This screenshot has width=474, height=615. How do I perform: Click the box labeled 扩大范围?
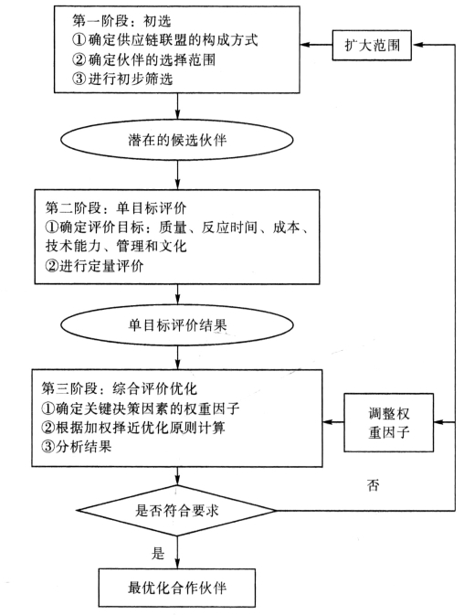(x=372, y=45)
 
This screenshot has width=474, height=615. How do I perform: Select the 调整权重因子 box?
(x=388, y=422)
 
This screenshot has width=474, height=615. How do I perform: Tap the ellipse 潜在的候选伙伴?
(x=177, y=140)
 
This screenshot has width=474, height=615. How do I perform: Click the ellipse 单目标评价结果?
(x=177, y=325)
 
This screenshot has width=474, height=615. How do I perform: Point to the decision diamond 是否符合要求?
(x=177, y=511)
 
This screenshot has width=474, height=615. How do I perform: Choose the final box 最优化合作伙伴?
(x=177, y=588)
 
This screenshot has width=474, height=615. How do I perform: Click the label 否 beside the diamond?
(x=373, y=485)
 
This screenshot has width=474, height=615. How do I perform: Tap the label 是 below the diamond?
(x=158, y=553)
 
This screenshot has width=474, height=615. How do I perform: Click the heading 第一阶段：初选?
(x=121, y=21)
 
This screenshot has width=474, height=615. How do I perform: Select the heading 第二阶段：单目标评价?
(x=116, y=207)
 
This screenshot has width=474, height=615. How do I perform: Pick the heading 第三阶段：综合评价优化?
(x=120, y=388)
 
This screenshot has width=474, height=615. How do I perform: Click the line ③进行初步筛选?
(x=122, y=79)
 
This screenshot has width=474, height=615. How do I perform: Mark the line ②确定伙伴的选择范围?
(x=143, y=59)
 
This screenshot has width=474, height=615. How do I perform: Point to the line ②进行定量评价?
(x=94, y=266)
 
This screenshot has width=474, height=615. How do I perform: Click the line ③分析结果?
(x=77, y=446)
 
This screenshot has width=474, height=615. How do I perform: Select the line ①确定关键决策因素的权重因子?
(x=141, y=408)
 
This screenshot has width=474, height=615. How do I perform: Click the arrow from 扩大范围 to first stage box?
(x=316, y=45)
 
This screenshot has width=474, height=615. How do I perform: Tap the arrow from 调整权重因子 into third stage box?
(x=333, y=422)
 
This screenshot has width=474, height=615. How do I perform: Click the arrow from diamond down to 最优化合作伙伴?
(x=177, y=552)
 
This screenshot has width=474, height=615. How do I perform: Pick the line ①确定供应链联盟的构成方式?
(x=165, y=40)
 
